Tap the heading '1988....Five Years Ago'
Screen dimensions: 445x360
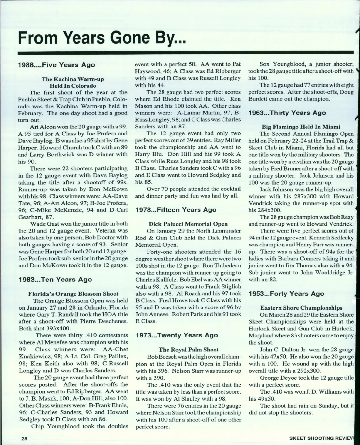tap(56, 65)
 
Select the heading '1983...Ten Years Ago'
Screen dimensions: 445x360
tap(55, 279)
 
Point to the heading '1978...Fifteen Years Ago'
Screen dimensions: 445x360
tap(175, 209)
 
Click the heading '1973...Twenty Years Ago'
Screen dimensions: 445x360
tap(177, 335)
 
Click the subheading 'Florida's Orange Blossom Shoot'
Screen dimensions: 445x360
tap(73, 293)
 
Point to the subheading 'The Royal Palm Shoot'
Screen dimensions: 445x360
tap(188, 349)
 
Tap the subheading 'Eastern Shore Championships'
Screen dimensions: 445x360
tap(301, 308)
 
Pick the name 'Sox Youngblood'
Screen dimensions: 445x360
tap(283, 64)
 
